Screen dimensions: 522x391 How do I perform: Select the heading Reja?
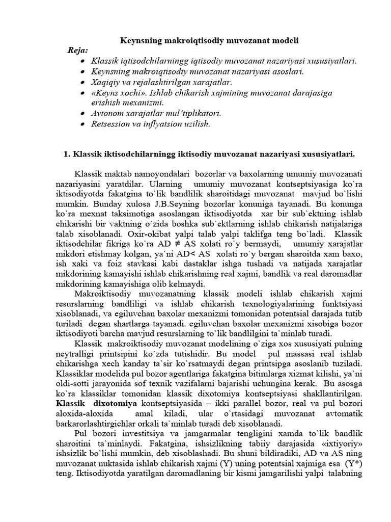pos(78,50)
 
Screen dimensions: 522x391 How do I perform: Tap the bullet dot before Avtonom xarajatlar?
pos(82,113)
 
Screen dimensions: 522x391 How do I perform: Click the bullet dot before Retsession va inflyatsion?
pos(82,124)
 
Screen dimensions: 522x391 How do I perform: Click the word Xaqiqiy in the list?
pos(104,82)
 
